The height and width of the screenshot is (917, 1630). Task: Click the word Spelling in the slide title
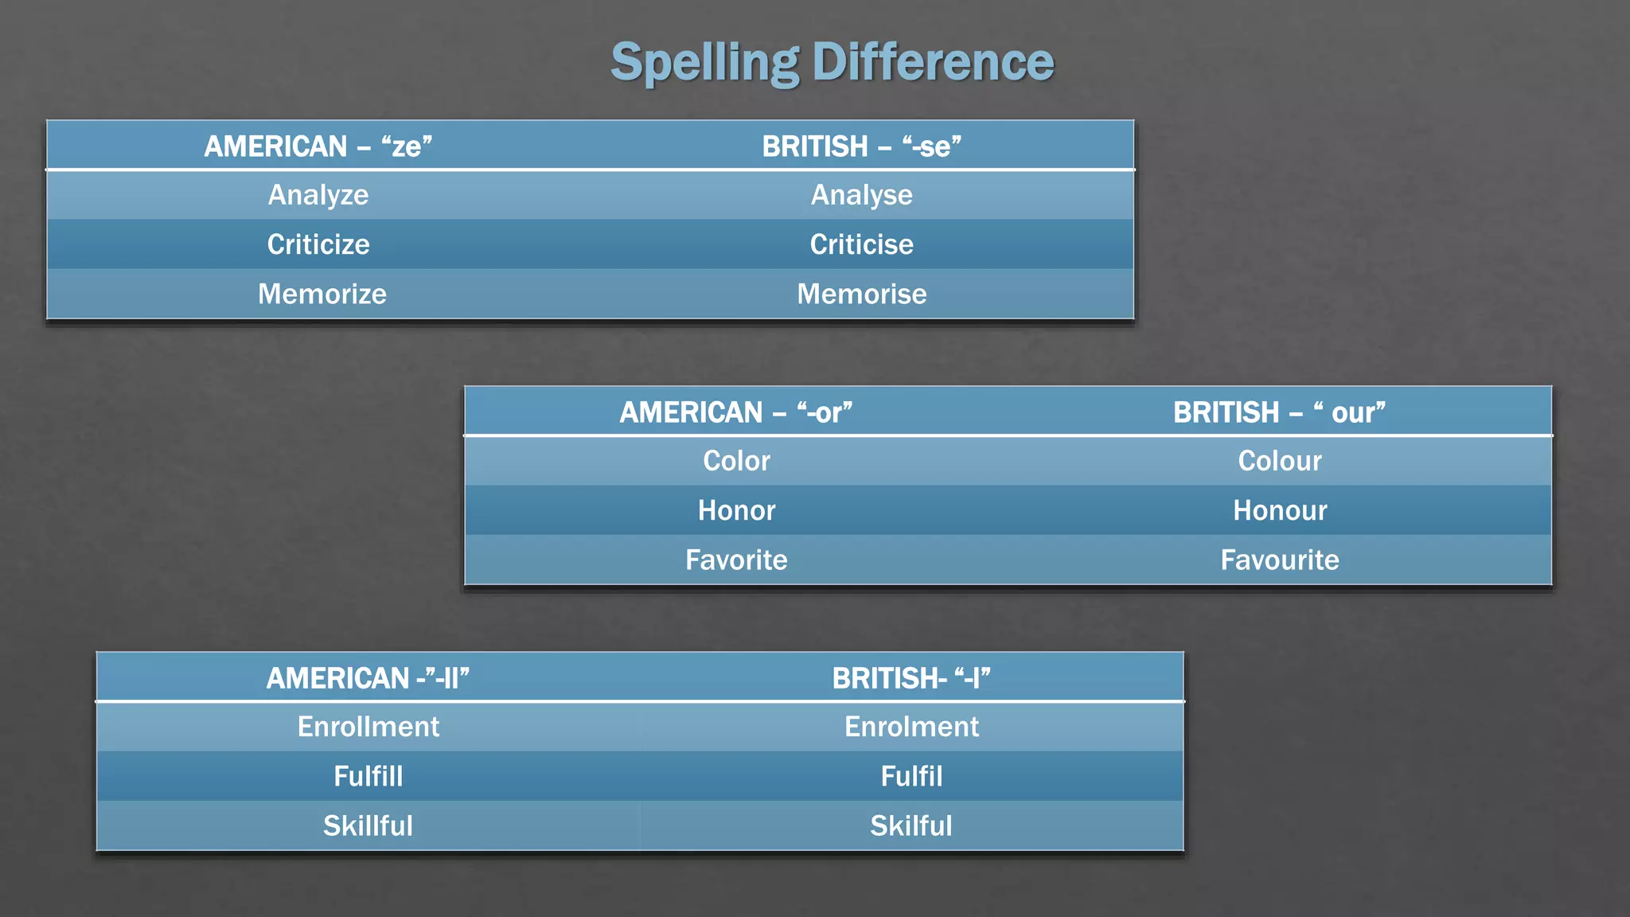704,62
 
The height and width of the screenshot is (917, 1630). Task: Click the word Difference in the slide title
933,62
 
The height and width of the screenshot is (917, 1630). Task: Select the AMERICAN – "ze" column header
318,146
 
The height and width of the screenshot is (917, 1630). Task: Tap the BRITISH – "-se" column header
862,146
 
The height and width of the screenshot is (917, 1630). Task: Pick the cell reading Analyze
318,195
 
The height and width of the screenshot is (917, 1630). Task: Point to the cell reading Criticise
861,244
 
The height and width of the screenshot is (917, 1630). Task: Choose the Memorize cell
322,294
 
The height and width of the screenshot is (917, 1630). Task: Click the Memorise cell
862,294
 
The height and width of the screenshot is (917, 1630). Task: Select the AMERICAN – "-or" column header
735,412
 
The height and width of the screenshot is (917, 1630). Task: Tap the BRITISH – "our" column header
1279,412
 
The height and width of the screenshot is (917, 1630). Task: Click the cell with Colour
1279,461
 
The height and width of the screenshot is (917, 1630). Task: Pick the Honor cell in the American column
736,510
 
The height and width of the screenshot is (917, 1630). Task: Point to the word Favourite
1280,560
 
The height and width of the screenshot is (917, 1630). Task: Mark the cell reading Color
736,461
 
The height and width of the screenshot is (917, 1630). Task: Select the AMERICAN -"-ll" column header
368,678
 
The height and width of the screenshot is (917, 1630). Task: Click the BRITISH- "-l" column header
911,678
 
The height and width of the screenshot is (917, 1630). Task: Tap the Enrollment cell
368,727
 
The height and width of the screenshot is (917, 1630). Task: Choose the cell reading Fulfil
911,776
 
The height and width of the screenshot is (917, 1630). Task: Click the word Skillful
368,825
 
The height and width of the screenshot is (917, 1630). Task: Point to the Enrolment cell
911,727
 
